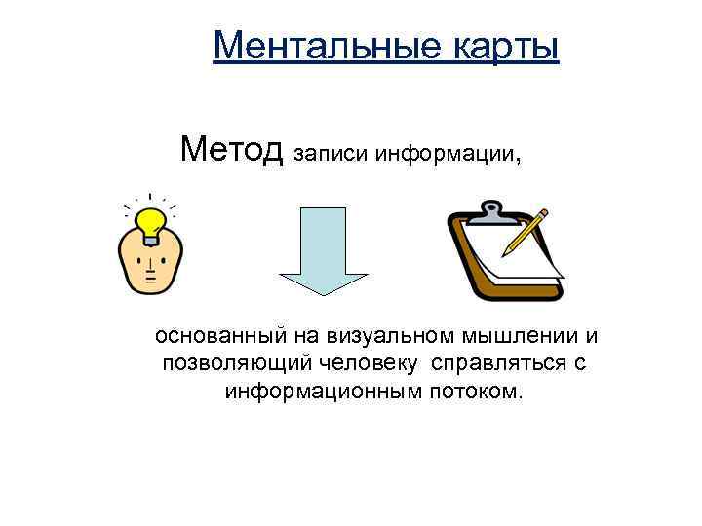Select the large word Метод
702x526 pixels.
point(231,151)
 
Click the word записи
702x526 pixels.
point(332,154)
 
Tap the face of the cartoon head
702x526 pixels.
point(150,264)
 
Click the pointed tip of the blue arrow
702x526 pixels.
point(325,291)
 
